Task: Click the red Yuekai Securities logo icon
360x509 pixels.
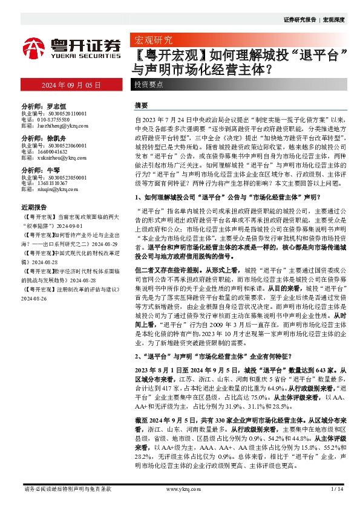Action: click(35, 47)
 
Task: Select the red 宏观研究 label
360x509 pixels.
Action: click(151, 41)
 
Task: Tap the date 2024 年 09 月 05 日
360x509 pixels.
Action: click(70, 85)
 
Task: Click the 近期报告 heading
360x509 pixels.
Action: click(33, 206)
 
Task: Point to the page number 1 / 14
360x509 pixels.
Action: click(338, 488)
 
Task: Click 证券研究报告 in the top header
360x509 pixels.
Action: click(299, 19)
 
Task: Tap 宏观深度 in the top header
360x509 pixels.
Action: click(333, 19)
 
